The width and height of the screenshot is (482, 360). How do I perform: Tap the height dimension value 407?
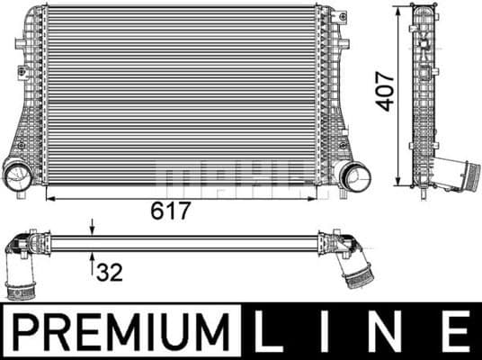point(385,90)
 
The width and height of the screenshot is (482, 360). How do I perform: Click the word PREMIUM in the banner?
point(120,332)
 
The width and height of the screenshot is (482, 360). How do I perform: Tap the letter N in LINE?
point(388,332)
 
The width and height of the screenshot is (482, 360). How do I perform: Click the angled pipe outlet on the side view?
point(459,173)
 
